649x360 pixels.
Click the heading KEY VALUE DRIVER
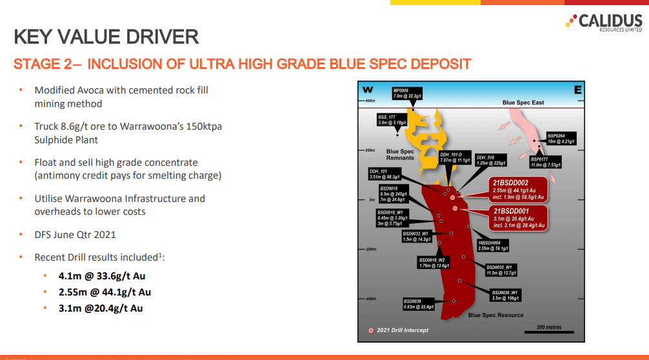[106, 37]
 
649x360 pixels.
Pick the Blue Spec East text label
[523, 103]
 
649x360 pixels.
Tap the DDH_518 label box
[490, 159]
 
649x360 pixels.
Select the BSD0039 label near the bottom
[417, 304]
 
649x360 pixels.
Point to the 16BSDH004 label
[493, 245]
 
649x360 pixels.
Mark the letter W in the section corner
[368, 90]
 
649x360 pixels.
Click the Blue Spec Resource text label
[495, 315]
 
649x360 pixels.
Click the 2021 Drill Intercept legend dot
[371, 330]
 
